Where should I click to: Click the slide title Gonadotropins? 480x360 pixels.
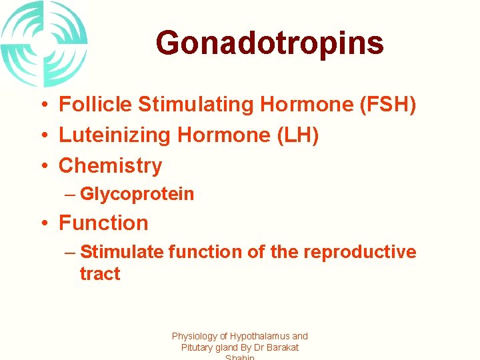tap(269, 43)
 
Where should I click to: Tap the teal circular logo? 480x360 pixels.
tap(44, 44)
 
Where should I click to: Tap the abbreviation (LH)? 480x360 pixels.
tap(297, 135)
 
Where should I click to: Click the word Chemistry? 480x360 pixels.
tap(110, 165)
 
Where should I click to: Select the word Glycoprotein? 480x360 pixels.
tap(137, 194)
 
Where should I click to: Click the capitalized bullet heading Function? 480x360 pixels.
tap(103, 223)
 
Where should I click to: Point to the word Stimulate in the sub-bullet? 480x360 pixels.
tap(121, 252)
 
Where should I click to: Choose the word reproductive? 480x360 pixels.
tap(359, 252)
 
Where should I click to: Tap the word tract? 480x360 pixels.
tap(99, 274)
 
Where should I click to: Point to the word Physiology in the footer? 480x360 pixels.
tap(198, 337)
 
